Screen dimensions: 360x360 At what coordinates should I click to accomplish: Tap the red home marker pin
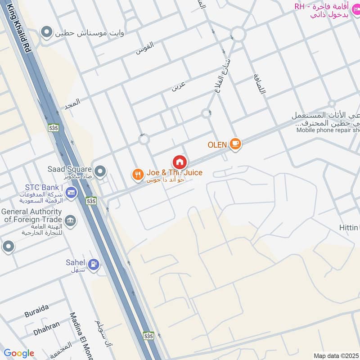click(180, 162)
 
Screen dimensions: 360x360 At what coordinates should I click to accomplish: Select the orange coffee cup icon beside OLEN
click(235, 144)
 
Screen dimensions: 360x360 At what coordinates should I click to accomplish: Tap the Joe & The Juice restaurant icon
click(138, 174)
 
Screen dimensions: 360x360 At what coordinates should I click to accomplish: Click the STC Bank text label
click(45, 187)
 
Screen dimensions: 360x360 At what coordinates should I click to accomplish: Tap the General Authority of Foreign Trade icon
click(71, 220)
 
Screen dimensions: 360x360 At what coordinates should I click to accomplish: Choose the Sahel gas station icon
click(94, 264)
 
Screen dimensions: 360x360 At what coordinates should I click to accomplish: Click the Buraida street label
click(36, 309)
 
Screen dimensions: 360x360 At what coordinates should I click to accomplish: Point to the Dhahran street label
click(46, 325)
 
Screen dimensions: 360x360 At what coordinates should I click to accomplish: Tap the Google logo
click(19, 353)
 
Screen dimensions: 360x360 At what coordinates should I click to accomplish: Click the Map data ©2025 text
click(336, 355)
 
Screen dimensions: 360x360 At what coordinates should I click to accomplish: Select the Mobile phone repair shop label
click(328, 130)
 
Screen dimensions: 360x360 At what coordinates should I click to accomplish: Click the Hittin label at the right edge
click(349, 228)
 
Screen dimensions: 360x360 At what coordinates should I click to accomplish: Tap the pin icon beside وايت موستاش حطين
click(46, 32)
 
